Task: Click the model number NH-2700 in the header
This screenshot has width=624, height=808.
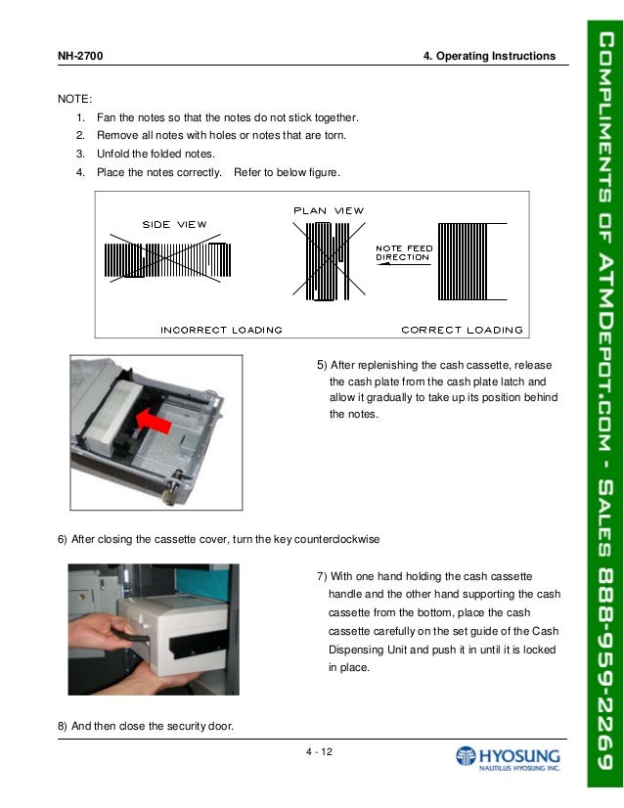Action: click(82, 56)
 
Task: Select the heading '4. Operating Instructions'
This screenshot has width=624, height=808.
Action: click(489, 56)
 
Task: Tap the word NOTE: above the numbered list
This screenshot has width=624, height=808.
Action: click(75, 99)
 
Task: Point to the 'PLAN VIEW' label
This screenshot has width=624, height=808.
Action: click(329, 210)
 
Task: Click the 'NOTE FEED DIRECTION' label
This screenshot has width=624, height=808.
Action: click(403, 252)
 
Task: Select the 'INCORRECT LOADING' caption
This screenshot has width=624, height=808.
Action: click(221, 330)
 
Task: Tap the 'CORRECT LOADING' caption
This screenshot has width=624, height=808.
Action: click(462, 330)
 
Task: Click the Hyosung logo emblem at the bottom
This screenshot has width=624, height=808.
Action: click(467, 758)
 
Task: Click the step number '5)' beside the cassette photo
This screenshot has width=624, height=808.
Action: click(322, 366)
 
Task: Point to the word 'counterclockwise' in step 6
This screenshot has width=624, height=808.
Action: click(334, 539)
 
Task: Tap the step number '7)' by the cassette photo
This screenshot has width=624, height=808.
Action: click(323, 574)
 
